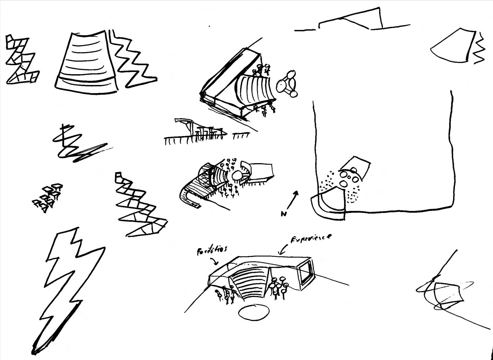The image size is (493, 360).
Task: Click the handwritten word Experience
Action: coord(311,238)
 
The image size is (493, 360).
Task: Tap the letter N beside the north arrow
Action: coord(283,214)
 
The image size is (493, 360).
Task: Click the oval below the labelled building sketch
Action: coord(254,312)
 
